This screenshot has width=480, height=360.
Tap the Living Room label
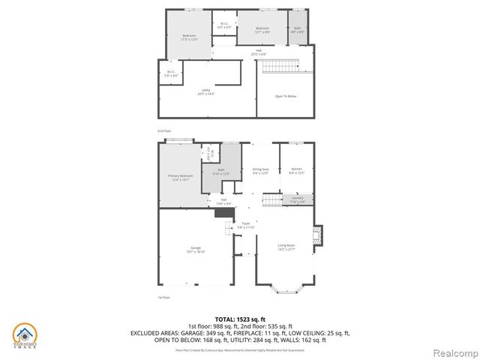point(286,246)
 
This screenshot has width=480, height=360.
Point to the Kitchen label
point(296,170)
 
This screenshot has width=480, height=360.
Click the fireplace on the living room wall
point(318,235)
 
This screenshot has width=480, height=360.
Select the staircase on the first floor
point(274,200)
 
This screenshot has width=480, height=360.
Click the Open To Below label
point(286,96)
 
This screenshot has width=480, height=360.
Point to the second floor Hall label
point(259,52)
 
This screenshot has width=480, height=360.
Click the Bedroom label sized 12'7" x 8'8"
point(261,30)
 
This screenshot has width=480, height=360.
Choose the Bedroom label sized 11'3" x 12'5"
point(189,37)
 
